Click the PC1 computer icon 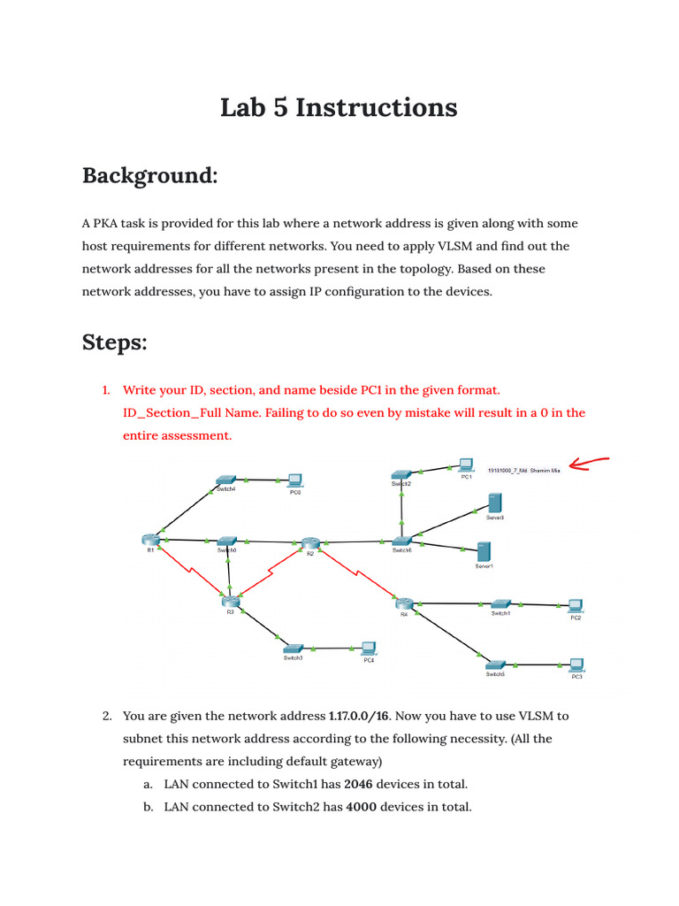(465, 465)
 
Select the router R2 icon (309, 542)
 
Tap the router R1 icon (149, 539)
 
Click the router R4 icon (404, 603)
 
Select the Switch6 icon (402, 541)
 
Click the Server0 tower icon (494, 503)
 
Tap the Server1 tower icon (483, 552)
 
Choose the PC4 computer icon (368, 649)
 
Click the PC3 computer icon (576, 664)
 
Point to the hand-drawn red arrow (591, 463)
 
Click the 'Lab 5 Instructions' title (339, 108)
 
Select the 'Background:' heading (149, 175)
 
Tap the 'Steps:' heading (115, 342)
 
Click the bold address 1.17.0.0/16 (364, 716)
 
